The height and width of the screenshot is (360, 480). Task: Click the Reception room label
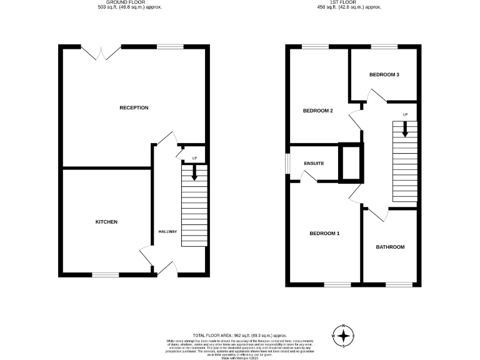[134, 107]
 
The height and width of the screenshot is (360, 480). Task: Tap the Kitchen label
[106, 222]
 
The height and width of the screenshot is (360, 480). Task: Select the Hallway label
[167, 232]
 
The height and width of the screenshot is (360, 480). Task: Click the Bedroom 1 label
[324, 234]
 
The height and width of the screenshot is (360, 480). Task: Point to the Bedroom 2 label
[317, 111]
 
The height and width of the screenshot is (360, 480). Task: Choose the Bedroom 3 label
[384, 74]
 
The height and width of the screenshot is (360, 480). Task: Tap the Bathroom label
[390, 247]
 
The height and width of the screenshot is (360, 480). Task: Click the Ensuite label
[314, 163]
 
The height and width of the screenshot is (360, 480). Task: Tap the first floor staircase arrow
[405, 129]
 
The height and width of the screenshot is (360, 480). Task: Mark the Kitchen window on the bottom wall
[106, 274]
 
